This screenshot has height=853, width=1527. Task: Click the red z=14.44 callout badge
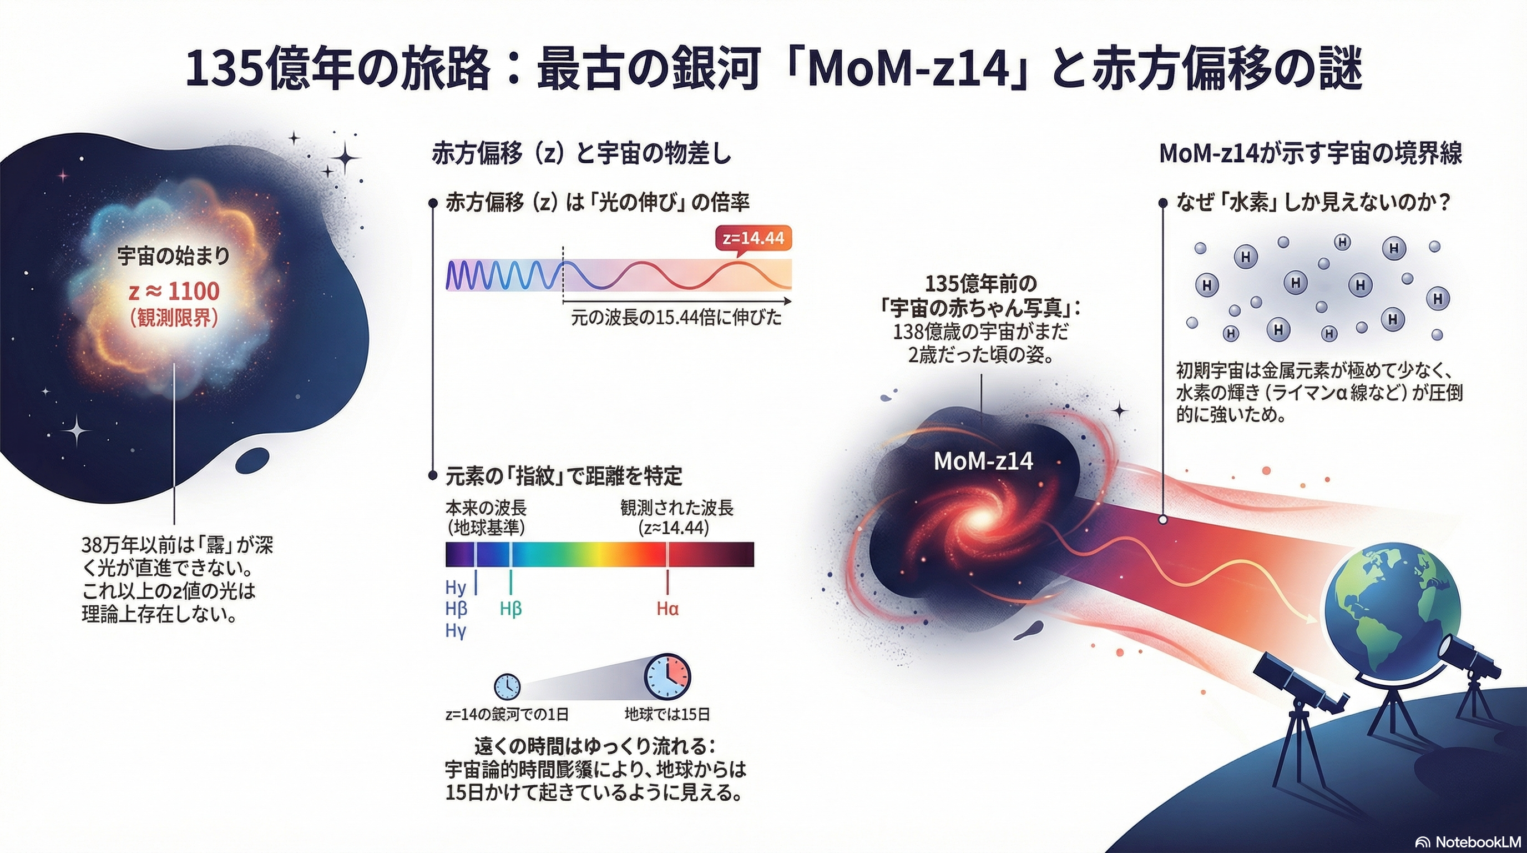pyautogui.click(x=754, y=238)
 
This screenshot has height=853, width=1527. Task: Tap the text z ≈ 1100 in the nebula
pyautogui.click(x=174, y=291)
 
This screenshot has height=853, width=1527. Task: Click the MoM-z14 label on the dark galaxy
pyautogui.click(x=983, y=461)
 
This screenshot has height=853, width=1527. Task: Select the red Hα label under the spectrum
pyautogui.click(x=668, y=609)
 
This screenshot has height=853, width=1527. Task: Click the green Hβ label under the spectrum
pyautogui.click(x=510, y=609)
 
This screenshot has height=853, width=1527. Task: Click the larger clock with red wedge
pyautogui.click(x=668, y=677)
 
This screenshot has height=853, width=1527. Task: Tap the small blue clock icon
pyautogui.click(x=507, y=687)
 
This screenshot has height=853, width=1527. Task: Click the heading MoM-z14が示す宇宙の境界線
pyautogui.click(x=1311, y=154)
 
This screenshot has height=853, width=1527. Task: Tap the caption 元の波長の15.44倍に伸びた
pyautogui.click(x=676, y=319)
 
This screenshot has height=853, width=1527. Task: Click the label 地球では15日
pyautogui.click(x=667, y=714)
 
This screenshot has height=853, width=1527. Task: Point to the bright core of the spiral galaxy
pyautogui.click(x=978, y=519)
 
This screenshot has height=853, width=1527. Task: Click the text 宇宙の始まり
pyautogui.click(x=173, y=256)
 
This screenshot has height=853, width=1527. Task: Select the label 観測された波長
pyautogui.click(x=677, y=508)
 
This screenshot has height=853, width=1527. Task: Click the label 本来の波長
pyautogui.click(x=486, y=508)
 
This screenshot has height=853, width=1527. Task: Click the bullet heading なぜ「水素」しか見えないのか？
pyautogui.click(x=1313, y=203)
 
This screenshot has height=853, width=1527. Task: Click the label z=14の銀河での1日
pyautogui.click(x=507, y=714)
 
